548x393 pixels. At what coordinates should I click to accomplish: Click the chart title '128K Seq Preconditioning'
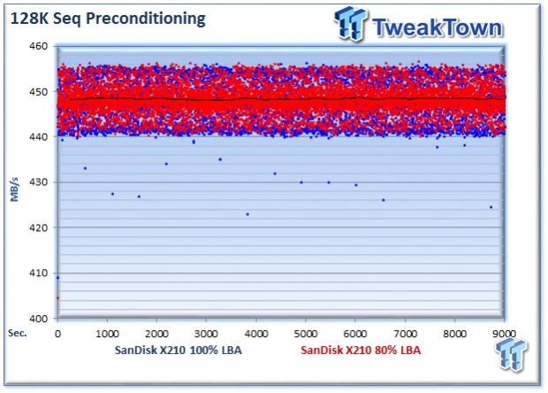point(109,18)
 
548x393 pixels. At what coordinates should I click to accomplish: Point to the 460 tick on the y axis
point(40,46)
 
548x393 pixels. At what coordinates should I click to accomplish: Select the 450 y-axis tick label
point(40,91)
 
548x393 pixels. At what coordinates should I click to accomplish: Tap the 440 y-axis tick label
point(40,136)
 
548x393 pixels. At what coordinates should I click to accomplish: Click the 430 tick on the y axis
point(40,182)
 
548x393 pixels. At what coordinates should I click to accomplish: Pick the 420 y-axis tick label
point(40,227)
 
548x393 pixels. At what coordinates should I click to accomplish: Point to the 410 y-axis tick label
point(40,273)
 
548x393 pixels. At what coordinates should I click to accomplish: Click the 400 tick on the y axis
point(40,319)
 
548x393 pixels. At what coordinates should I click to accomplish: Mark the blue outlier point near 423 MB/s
point(247,214)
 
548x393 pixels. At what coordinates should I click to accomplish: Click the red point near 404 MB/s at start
point(58,298)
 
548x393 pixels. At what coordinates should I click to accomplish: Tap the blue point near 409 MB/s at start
point(58,278)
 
